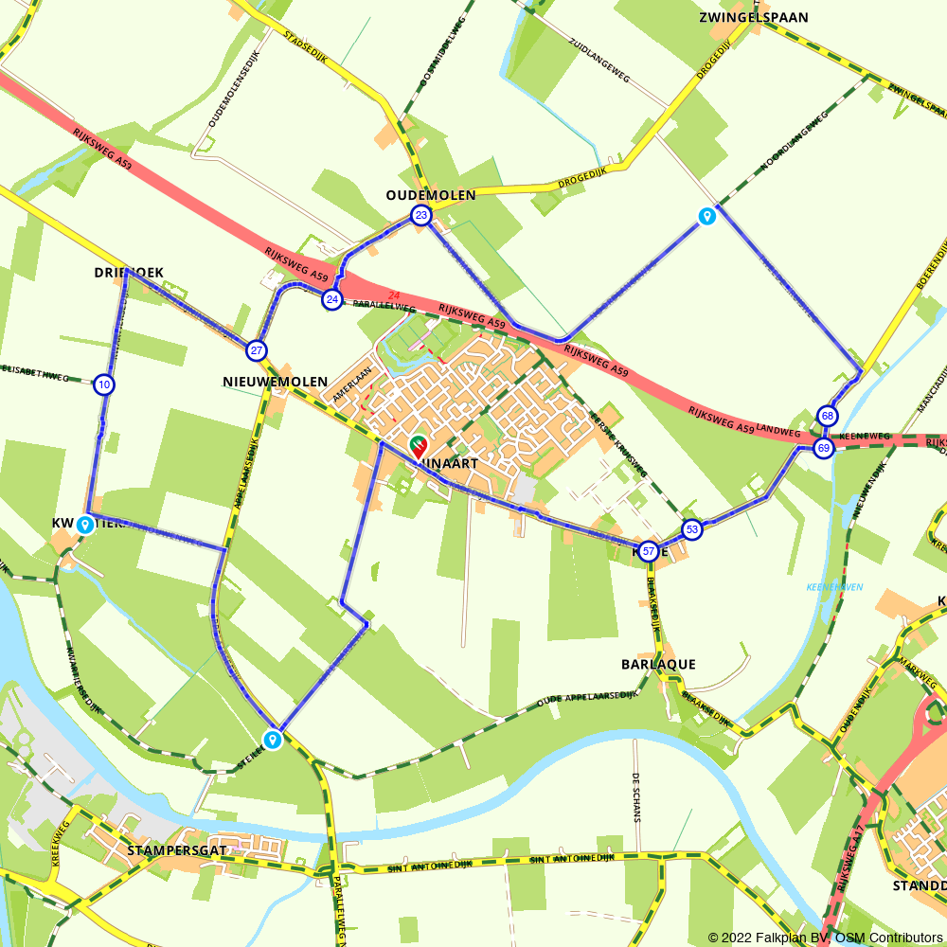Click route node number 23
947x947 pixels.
pos(421,217)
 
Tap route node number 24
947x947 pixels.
pos(331,300)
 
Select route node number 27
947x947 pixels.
pos(257,351)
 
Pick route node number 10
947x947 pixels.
pos(104,384)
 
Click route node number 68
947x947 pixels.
pos(828,416)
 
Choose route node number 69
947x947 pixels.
pos(823,448)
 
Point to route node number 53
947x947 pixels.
pos(692,529)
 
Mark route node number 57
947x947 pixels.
pos(648,551)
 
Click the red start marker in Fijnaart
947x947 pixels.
pos(417,445)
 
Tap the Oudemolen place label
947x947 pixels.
pos(431,195)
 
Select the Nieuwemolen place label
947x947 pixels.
pos(275,382)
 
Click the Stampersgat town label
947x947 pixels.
pos(176,850)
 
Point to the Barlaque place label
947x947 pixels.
pos(658,665)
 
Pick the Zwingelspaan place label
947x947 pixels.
pos(742,17)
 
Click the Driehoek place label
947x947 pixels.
pos(129,273)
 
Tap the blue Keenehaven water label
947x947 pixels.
pos(834,587)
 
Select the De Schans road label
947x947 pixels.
pos(637,795)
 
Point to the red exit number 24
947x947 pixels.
pos(393,295)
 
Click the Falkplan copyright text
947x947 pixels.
pos(825,938)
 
